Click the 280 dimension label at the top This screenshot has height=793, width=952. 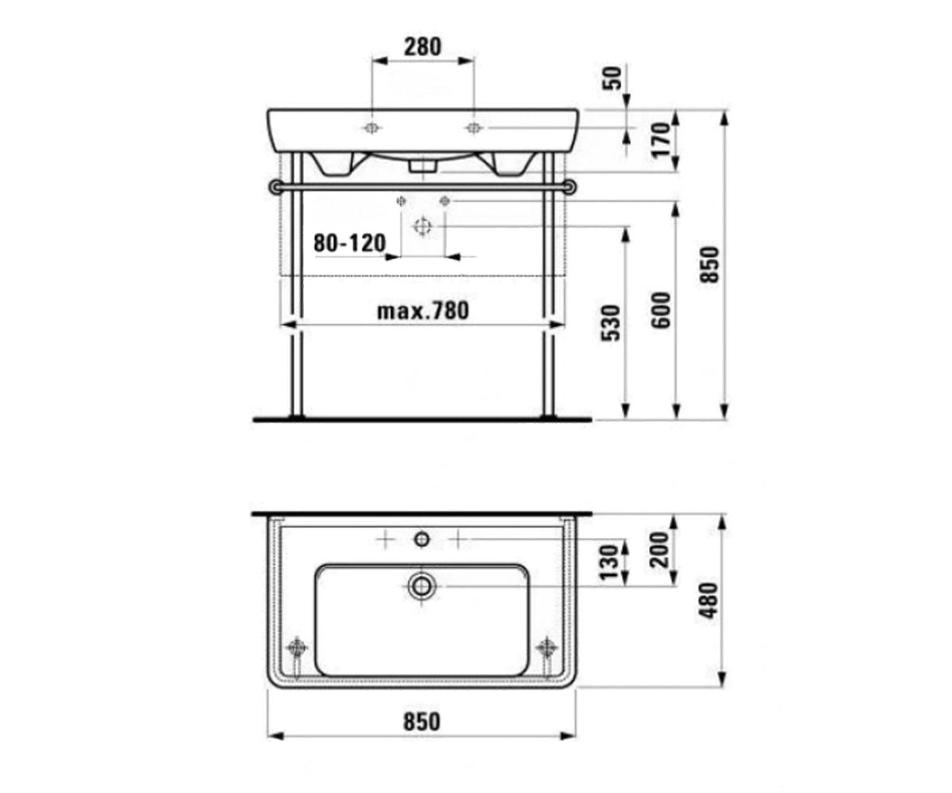(423, 47)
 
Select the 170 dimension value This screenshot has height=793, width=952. (661, 140)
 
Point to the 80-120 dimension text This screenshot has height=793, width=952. (350, 243)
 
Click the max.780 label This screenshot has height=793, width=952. (423, 312)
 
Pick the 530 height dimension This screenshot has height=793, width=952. (611, 323)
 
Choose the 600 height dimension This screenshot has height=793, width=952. (661, 310)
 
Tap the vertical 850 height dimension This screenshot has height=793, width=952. (709, 265)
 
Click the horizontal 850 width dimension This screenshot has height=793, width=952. (422, 722)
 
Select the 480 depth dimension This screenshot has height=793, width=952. (709, 600)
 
